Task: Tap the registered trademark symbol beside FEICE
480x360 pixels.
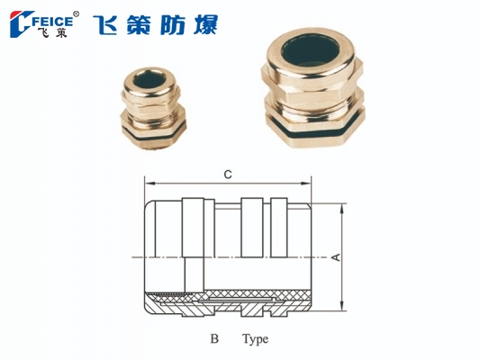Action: point(77,13)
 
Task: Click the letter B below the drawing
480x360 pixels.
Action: point(214,340)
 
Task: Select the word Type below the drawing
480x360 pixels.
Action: point(255,340)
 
